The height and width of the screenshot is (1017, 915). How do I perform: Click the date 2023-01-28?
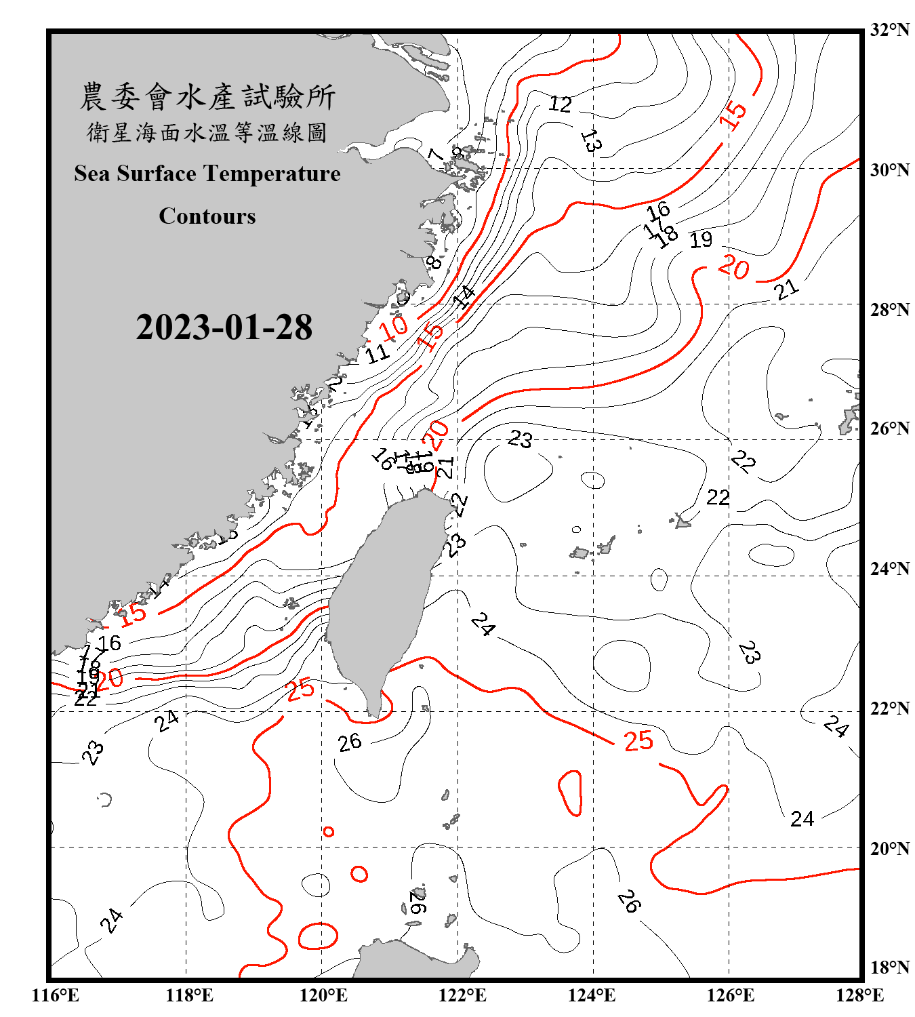pyautogui.click(x=224, y=327)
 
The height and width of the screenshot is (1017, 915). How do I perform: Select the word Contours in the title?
pyautogui.click(x=207, y=216)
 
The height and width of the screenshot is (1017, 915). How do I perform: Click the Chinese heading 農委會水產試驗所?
pyautogui.click(x=207, y=97)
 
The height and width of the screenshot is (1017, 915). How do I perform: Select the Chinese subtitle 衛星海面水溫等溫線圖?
pyautogui.click(x=207, y=133)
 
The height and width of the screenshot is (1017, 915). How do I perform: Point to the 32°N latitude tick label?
pyautogui.click(x=889, y=30)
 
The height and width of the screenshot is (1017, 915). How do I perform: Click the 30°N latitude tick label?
pyautogui.click(x=889, y=169)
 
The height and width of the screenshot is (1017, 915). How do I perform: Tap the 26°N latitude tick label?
pyautogui.click(x=889, y=428)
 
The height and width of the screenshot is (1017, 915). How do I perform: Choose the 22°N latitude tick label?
pyautogui.click(x=889, y=709)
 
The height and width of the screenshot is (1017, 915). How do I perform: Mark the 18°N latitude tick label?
pyautogui.click(x=889, y=968)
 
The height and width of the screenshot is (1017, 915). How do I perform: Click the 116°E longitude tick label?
pyautogui.click(x=56, y=995)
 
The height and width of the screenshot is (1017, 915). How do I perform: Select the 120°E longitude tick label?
pyautogui.click(x=323, y=995)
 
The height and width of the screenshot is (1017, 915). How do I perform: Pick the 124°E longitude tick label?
pyautogui.click(x=592, y=995)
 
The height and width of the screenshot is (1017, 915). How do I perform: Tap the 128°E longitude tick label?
pyautogui.click(x=859, y=995)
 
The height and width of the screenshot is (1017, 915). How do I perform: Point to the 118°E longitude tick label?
pyautogui.click(x=189, y=995)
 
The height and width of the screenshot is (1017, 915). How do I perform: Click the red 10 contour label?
pyautogui.click(x=393, y=328)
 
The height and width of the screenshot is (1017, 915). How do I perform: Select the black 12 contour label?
pyautogui.click(x=560, y=104)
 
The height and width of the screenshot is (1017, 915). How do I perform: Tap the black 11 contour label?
pyautogui.click(x=377, y=353)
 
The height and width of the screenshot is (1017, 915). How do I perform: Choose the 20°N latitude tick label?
pyautogui.click(x=889, y=848)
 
